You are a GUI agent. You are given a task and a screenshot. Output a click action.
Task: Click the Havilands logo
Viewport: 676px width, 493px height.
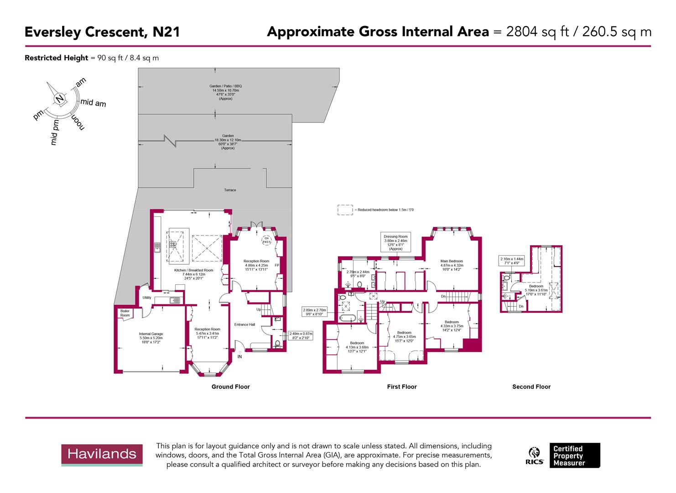[102, 454]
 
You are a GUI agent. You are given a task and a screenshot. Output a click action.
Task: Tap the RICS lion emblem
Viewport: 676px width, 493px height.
[535, 453]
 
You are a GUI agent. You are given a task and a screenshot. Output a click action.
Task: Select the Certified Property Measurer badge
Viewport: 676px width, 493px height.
[574, 455]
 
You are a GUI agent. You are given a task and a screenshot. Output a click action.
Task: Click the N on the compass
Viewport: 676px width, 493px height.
[59, 99]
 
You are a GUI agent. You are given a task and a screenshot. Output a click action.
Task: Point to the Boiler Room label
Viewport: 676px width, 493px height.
[125, 313]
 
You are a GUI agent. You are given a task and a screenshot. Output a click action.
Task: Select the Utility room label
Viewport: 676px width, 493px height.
[146, 298]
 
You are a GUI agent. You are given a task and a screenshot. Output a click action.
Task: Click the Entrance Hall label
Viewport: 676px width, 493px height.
[244, 325]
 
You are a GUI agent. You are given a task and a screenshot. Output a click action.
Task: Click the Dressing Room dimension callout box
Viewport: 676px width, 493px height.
[395, 242]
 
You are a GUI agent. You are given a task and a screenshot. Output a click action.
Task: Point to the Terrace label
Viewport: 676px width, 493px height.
[230, 190]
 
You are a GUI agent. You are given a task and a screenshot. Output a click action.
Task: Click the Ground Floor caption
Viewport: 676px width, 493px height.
[230, 387]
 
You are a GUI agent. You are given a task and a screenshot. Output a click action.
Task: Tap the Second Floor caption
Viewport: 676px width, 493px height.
[531, 387]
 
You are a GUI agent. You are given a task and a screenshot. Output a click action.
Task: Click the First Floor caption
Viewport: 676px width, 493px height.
[401, 387]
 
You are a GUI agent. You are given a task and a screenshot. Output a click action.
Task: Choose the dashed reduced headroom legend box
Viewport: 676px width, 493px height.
[345, 210]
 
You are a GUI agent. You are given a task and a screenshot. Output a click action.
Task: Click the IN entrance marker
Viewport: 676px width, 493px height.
[239, 357]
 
